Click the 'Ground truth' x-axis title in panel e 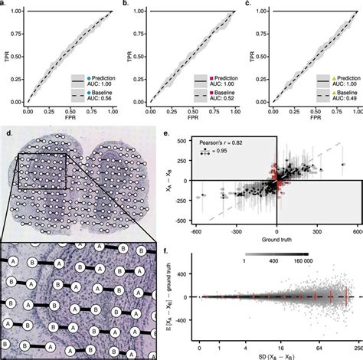(x=276, y=237)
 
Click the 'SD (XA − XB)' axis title (x=277, y=355)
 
